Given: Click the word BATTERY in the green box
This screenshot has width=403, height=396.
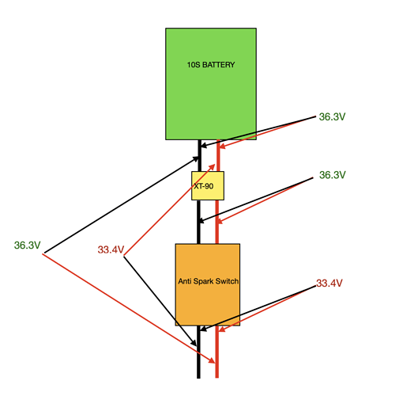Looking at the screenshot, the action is [218, 65].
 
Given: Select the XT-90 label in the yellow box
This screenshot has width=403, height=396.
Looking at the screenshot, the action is [204, 186].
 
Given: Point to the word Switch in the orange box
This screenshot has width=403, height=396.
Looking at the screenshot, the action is [227, 281].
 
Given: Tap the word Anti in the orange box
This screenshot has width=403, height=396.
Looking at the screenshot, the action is [185, 281].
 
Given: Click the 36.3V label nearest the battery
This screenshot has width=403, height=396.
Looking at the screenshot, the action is [332, 116].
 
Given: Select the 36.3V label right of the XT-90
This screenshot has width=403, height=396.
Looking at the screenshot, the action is [333, 175].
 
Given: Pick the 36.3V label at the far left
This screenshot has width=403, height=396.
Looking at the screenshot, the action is [28, 246].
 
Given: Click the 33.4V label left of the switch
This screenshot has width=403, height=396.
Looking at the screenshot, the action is [111, 249].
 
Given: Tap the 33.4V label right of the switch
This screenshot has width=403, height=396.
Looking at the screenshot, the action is [330, 284].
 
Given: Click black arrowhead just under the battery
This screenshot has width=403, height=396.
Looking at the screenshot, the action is [204, 145].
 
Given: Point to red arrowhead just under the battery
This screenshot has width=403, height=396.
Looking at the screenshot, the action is [223, 146].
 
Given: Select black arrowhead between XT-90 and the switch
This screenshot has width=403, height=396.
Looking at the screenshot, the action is [202, 220].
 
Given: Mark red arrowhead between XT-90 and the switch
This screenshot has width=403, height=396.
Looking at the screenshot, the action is [220, 221].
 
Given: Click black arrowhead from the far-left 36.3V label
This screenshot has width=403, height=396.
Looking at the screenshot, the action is [196, 158].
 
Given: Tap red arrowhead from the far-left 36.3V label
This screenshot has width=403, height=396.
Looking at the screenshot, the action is [213, 360].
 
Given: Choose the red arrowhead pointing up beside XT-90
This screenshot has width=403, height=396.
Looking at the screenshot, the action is [213, 167].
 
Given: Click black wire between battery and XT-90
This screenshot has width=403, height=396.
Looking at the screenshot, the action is [200, 156].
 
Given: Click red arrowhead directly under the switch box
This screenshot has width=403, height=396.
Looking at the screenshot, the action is [222, 329].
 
